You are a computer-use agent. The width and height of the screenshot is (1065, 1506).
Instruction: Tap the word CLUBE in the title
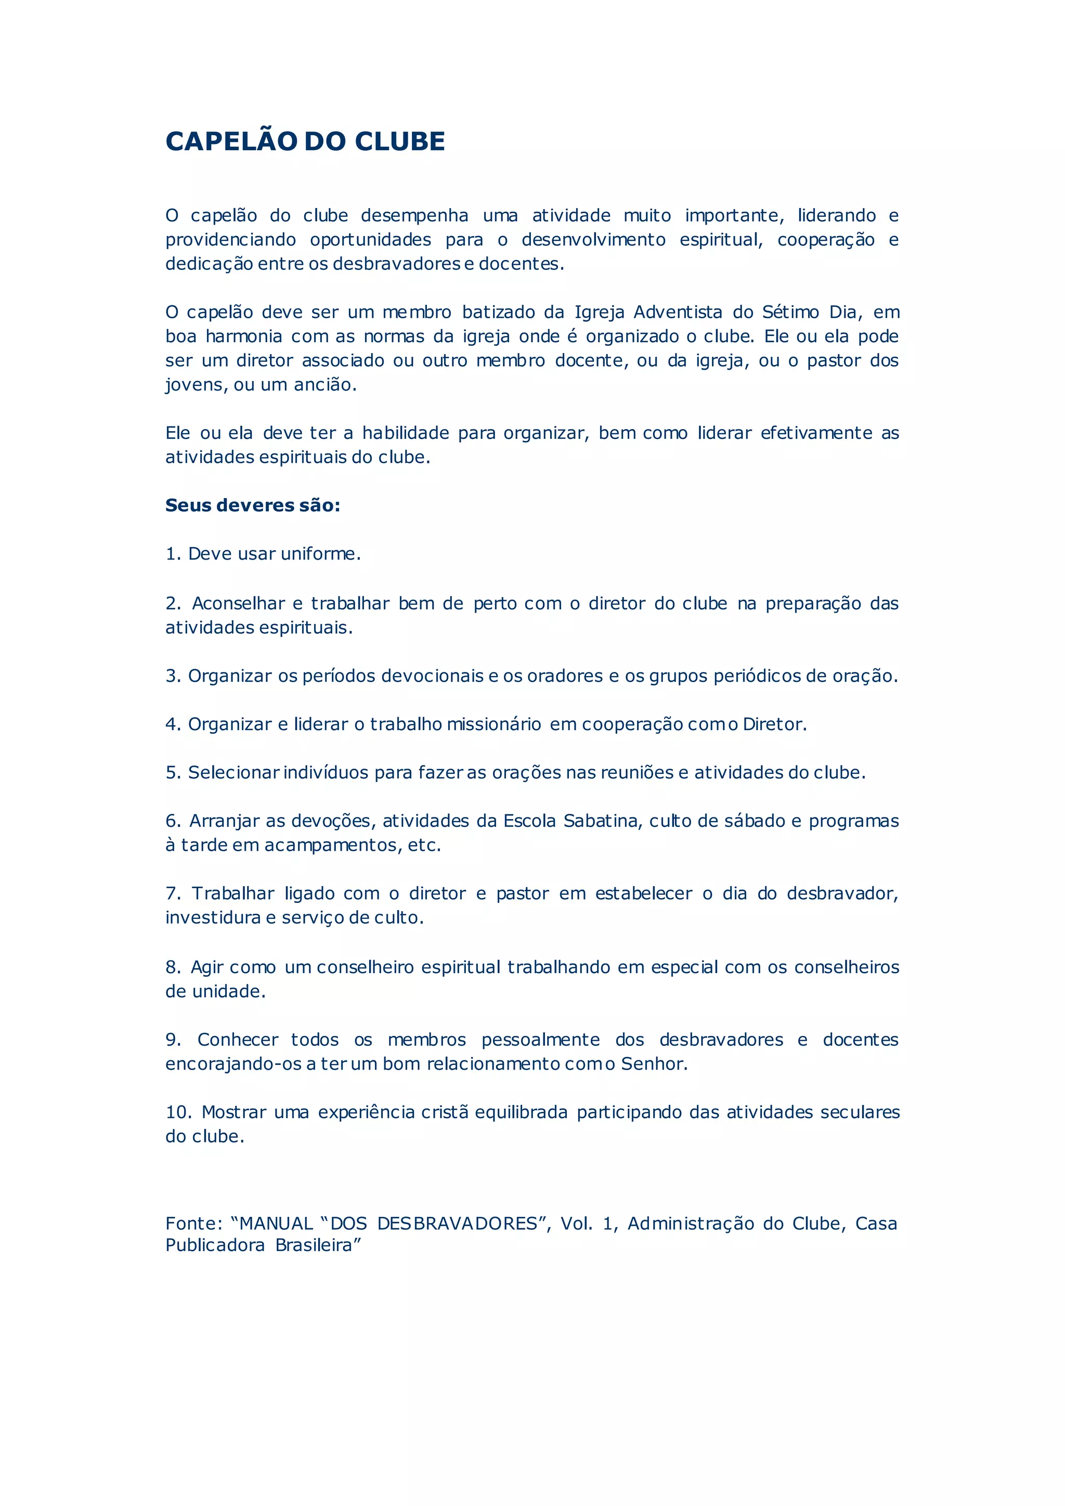[x=399, y=141]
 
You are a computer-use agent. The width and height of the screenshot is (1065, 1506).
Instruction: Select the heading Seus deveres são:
[x=253, y=505]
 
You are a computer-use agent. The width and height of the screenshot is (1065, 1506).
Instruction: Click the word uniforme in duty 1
[x=320, y=554]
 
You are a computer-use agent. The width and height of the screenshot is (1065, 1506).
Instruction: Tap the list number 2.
[x=173, y=603]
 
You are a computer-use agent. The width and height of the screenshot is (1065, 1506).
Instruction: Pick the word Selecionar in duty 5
[x=233, y=773]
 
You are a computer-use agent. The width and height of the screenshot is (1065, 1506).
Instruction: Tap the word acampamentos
[x=331, y=846]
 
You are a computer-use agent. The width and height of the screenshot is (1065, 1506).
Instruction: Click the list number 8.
[x=173, y=967]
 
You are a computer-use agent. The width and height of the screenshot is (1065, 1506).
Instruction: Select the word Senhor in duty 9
[x=653, y=1064]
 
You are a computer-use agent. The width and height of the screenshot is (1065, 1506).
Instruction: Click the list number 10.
[x=178, y=1112]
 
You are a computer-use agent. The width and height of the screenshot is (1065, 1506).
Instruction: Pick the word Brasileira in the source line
[x=317, y=1245]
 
